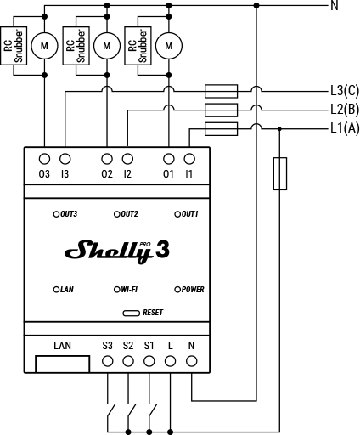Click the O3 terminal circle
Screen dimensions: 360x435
pos(44,159)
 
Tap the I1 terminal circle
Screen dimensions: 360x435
pos(189,159)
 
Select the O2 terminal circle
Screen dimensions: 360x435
pos(107,159)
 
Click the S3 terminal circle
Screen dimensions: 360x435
pos(108,361)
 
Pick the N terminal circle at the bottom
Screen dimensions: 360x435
pos(191,361)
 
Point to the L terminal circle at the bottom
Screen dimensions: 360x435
pos(170,361)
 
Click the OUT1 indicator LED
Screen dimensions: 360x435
pos(177,214)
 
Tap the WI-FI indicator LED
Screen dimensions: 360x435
pos(117,290)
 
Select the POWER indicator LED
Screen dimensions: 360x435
pos(177,290)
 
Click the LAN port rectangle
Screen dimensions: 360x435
pos(63,364)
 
